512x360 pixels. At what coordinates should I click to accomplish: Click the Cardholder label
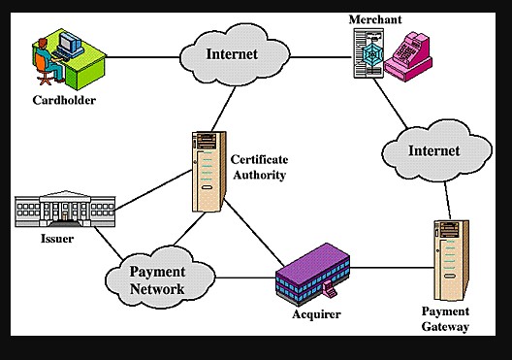coord(65,99)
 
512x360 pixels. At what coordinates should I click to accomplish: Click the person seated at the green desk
coord(41,55)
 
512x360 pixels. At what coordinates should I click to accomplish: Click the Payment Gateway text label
coord(446,318)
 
